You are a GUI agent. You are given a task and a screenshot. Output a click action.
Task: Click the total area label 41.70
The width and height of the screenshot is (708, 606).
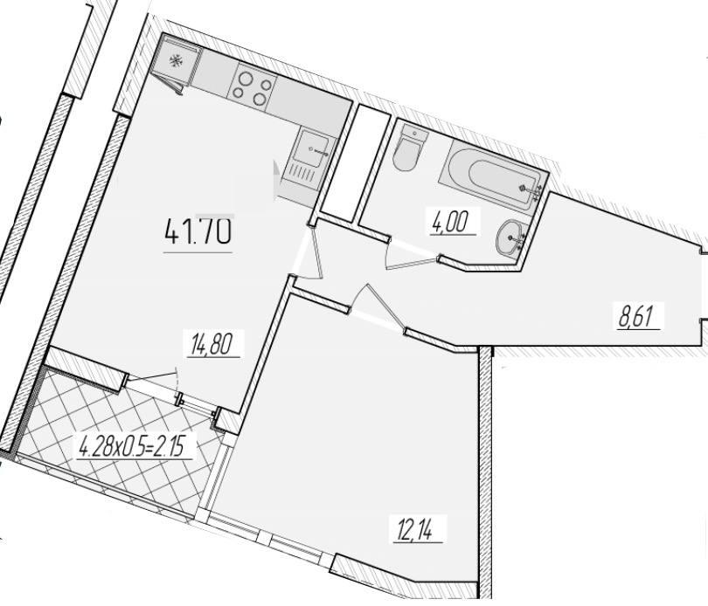tap(198, 231)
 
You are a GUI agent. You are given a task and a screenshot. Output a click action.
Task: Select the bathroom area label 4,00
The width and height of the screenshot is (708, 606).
tap(451, 223)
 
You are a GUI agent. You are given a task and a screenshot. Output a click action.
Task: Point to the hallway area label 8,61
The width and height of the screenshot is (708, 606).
tap(636, 315)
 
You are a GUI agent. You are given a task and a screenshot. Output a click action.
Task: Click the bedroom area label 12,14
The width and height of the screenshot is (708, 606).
tap(415, 529)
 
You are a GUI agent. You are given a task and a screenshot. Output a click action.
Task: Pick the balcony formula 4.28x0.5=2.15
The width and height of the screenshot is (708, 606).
tap(133, 447)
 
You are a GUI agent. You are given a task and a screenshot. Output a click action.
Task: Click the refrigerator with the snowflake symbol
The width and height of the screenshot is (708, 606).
tap(176, 62)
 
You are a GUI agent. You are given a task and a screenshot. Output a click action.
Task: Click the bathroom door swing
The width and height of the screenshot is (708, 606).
tap(409, 255)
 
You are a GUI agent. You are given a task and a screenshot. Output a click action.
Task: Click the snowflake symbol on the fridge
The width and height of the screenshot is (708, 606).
tap(175, 61)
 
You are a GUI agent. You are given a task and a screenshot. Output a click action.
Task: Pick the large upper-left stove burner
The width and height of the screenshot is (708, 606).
tap(246, 79)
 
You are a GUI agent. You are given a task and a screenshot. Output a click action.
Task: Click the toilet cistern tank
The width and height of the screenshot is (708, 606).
tap(415, 133)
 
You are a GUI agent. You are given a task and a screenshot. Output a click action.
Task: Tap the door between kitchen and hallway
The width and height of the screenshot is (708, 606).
tap(308, 251)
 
